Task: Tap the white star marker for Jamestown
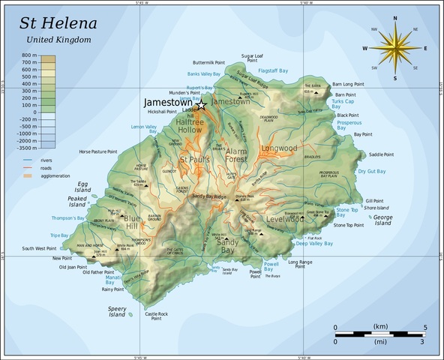201,105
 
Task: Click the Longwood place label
280,148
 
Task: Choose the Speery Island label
117,311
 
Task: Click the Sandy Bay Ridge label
209,196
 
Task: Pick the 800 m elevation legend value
30,56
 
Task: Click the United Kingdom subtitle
58,38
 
